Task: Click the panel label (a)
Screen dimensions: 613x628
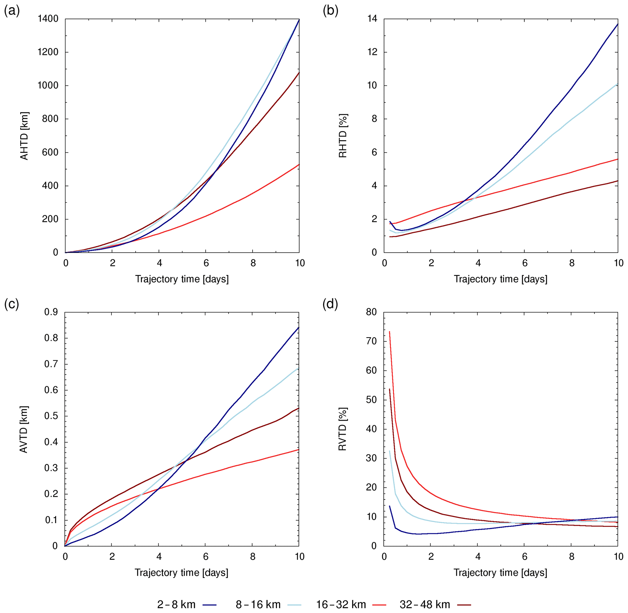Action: [11, 11]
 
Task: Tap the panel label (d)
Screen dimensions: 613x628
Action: [330, 304]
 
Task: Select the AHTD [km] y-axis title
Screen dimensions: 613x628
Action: [24, 136]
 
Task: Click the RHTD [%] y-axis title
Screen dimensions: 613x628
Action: [343, 136]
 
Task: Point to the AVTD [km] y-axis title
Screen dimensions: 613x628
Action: [24, 429]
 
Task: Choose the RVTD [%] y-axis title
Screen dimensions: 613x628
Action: [343, 429]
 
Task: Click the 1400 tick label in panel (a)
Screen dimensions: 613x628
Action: [48, 19]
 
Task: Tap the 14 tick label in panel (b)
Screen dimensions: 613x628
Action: [372, 19]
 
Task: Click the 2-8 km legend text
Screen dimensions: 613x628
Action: [176, 605]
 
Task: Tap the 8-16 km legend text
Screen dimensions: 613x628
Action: [258, 605]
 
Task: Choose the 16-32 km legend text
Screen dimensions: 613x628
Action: [341, 605]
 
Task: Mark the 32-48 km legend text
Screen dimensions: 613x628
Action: [425, 605]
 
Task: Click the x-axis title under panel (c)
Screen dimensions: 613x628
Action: [182, 573]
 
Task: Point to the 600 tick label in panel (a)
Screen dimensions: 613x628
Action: [51, 152]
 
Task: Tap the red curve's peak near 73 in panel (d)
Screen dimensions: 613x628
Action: [389, 332]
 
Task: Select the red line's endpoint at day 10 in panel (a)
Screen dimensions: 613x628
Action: [299, 165]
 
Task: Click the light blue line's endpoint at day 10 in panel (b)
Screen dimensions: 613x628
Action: [618, 84]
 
